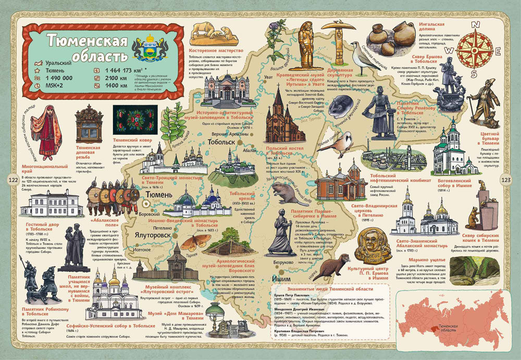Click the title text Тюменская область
point(86,47)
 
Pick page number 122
point(13,180)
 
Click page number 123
point(507,180)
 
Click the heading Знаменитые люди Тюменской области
point(327,288)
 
